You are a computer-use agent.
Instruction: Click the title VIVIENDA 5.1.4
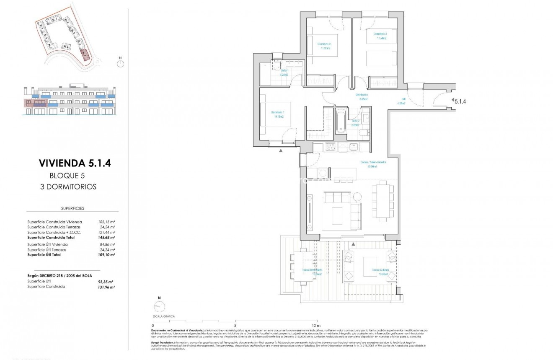tap(75, 163)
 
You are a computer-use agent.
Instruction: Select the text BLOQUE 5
tap(67, 176)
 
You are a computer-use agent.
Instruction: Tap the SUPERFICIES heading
tap(72, 208)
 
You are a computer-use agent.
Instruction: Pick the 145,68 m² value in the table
tap(106, 237)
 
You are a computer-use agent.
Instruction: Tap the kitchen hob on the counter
tap(331, 147)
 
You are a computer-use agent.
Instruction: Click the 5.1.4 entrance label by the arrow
tap(460, 101)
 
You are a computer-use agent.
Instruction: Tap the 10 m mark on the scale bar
tap(316, 326)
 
